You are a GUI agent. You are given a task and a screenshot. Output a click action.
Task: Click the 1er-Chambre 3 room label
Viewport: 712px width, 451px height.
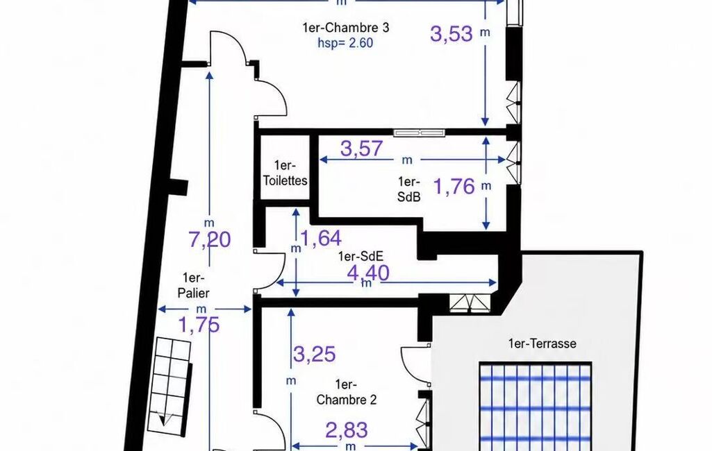click(x=345, y=28)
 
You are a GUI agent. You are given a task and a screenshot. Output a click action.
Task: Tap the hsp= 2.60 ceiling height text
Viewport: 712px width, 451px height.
click(x=345, y=43)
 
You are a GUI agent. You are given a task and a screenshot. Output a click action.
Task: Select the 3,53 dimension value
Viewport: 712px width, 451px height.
click(x=452, y=33)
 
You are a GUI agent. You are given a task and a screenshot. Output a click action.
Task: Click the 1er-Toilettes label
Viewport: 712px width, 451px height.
click(x=285, y=173)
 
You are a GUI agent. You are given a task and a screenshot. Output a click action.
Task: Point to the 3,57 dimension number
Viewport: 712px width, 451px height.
click(x=362, y=148)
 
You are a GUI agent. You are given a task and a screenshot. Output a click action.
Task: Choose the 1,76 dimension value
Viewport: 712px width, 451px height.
click(x=454, y=187)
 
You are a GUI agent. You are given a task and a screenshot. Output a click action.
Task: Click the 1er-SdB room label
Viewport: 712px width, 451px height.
click(x=408, y=189)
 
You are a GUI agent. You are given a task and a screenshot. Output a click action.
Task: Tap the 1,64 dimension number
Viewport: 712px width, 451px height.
click(x=322, y=238)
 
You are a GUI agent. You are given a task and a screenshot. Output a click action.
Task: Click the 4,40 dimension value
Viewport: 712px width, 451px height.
click(x=368, y=273)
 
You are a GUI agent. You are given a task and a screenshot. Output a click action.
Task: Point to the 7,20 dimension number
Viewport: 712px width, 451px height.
click(x=210, y=239)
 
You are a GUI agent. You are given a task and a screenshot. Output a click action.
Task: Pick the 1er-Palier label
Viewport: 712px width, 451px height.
click(x=193, y=285)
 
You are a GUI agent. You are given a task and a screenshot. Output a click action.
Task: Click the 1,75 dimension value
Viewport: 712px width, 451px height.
click(x=199, y=325)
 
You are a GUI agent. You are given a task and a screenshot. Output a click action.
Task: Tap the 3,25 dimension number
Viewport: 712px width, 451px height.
click(x=315, y=354)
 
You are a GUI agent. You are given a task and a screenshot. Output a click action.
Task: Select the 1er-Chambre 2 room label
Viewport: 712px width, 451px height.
click(x=347, y=393)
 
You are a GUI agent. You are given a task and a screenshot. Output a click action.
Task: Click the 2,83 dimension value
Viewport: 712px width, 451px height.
click(x=347, y=430)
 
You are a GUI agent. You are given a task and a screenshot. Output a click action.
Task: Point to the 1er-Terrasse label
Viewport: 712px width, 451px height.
click(x=543, y=343)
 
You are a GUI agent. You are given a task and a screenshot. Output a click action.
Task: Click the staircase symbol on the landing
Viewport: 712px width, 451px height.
click(x=172, y=386)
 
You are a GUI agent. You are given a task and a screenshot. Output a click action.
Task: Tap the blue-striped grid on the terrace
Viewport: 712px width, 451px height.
click(x=536, y=407)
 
